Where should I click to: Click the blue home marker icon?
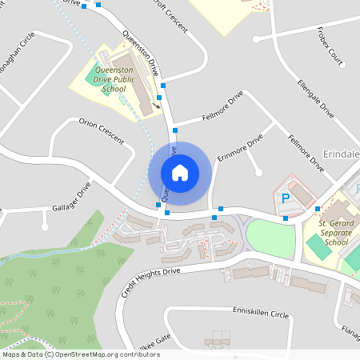point(180,172)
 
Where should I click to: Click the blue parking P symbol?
point(283,198)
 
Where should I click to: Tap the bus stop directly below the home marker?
point(167,212)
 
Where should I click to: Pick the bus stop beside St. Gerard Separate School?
point(318,209)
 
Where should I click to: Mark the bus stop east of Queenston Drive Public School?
point(163,84)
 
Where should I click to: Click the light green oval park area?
point(270,238)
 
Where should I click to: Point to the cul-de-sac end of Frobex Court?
point(255,38)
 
